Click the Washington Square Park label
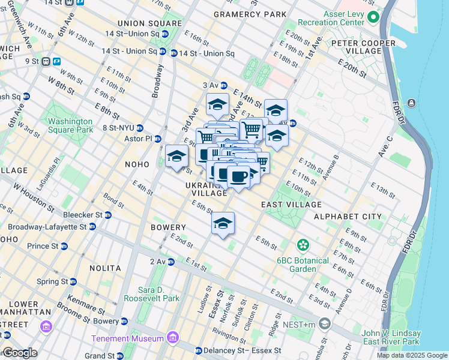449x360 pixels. coord(70,125)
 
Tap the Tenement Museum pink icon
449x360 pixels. coord(173,338)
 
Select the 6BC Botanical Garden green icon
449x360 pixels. coord(303,245)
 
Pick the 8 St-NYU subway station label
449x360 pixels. coord(118,127)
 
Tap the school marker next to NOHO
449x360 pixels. coord(176,157)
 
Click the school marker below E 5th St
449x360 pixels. coord(223,224)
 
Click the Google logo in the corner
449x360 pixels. coord(19,353)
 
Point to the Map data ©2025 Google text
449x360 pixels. coord(411,355)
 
